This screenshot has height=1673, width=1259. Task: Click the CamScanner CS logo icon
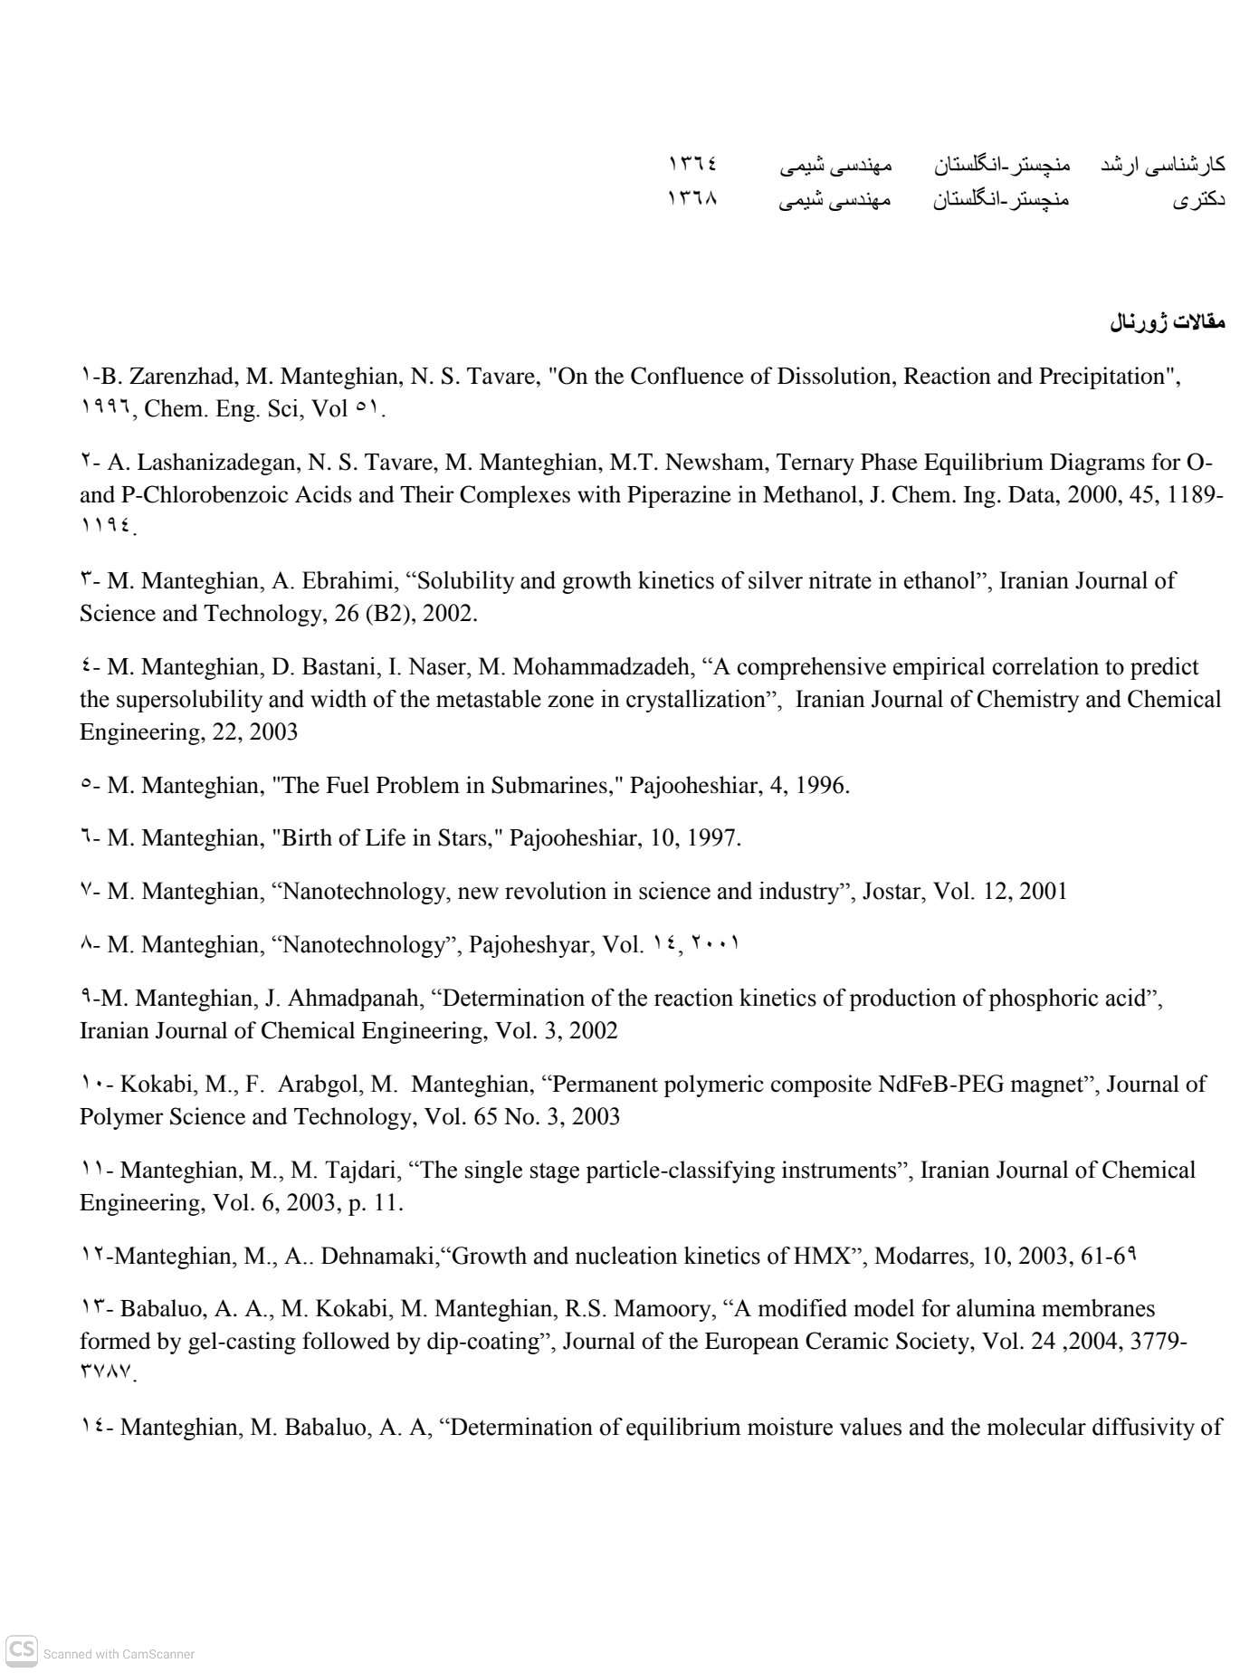click(x=22, y=1651)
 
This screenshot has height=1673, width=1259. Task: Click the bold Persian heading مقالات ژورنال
click(x=1168, y=321)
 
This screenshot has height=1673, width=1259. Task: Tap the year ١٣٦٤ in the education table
click(x=692, y=164)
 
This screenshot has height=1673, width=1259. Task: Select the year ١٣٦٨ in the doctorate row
click(x=692, y=198)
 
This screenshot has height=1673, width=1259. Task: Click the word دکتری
click(x=1198, y=199)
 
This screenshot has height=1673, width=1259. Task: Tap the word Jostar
click(x=892, y=892)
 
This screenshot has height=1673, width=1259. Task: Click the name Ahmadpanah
click(x=358, y=999)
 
